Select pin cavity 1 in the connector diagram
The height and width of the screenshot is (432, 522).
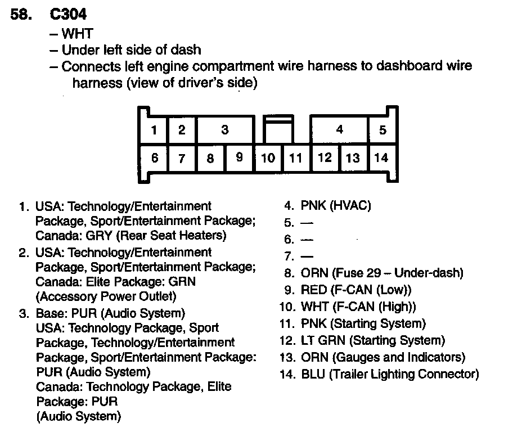[x=154, y=130]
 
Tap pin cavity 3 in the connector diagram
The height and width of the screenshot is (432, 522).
[x=224, y=130]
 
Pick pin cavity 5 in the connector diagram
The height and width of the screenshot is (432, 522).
[x=382, y=130]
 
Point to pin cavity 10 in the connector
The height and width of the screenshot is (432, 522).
[x=268, y=158]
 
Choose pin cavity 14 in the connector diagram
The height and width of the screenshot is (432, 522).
[x=381, y=158]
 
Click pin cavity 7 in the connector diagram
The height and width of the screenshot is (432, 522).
[x=182, y=159]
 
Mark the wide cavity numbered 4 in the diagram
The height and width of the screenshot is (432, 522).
[x=339, y=130]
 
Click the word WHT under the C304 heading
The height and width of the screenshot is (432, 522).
[x=77, y=34]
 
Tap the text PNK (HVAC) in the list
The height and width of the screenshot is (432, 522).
[x=336, y=206]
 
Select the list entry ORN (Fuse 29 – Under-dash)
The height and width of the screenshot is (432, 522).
[x=382, y=273]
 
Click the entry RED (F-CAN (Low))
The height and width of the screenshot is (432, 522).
[x=356, y=290]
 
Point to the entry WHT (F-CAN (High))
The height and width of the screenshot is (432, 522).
[x=358, y=307]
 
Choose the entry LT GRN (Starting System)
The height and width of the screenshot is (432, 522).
[x=373, y=341]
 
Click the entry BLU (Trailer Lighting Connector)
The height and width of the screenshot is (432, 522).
[x=390, y=375]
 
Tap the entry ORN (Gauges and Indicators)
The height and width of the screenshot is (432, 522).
[x=383, y=358]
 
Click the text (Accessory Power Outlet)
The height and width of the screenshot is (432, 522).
[x=106, y=296]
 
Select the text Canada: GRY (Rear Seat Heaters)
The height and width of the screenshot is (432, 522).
[x=131, y=235]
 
